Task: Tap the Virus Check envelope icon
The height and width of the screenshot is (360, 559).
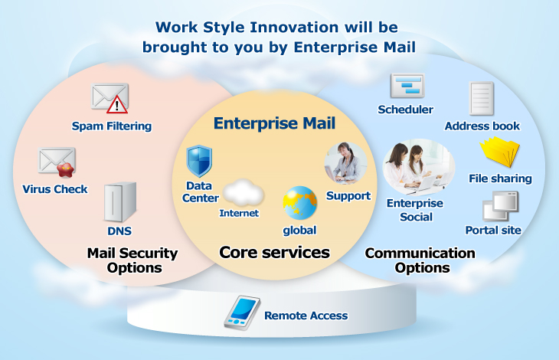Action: click(x=57, y=162)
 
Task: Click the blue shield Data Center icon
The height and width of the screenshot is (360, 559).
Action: click(x=199, y=161)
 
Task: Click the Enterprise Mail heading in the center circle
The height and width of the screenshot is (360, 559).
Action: click(x=274, y=123)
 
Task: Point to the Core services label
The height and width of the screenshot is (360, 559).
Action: click(x=274, y=252)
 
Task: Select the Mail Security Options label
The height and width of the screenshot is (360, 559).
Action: click(x=132, y=260)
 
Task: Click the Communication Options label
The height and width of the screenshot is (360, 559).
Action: click(x=420, y=260)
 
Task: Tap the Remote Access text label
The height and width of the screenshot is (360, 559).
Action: click(x=306, y=316)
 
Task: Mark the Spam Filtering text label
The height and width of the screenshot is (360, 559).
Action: click(x=112, y=126)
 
